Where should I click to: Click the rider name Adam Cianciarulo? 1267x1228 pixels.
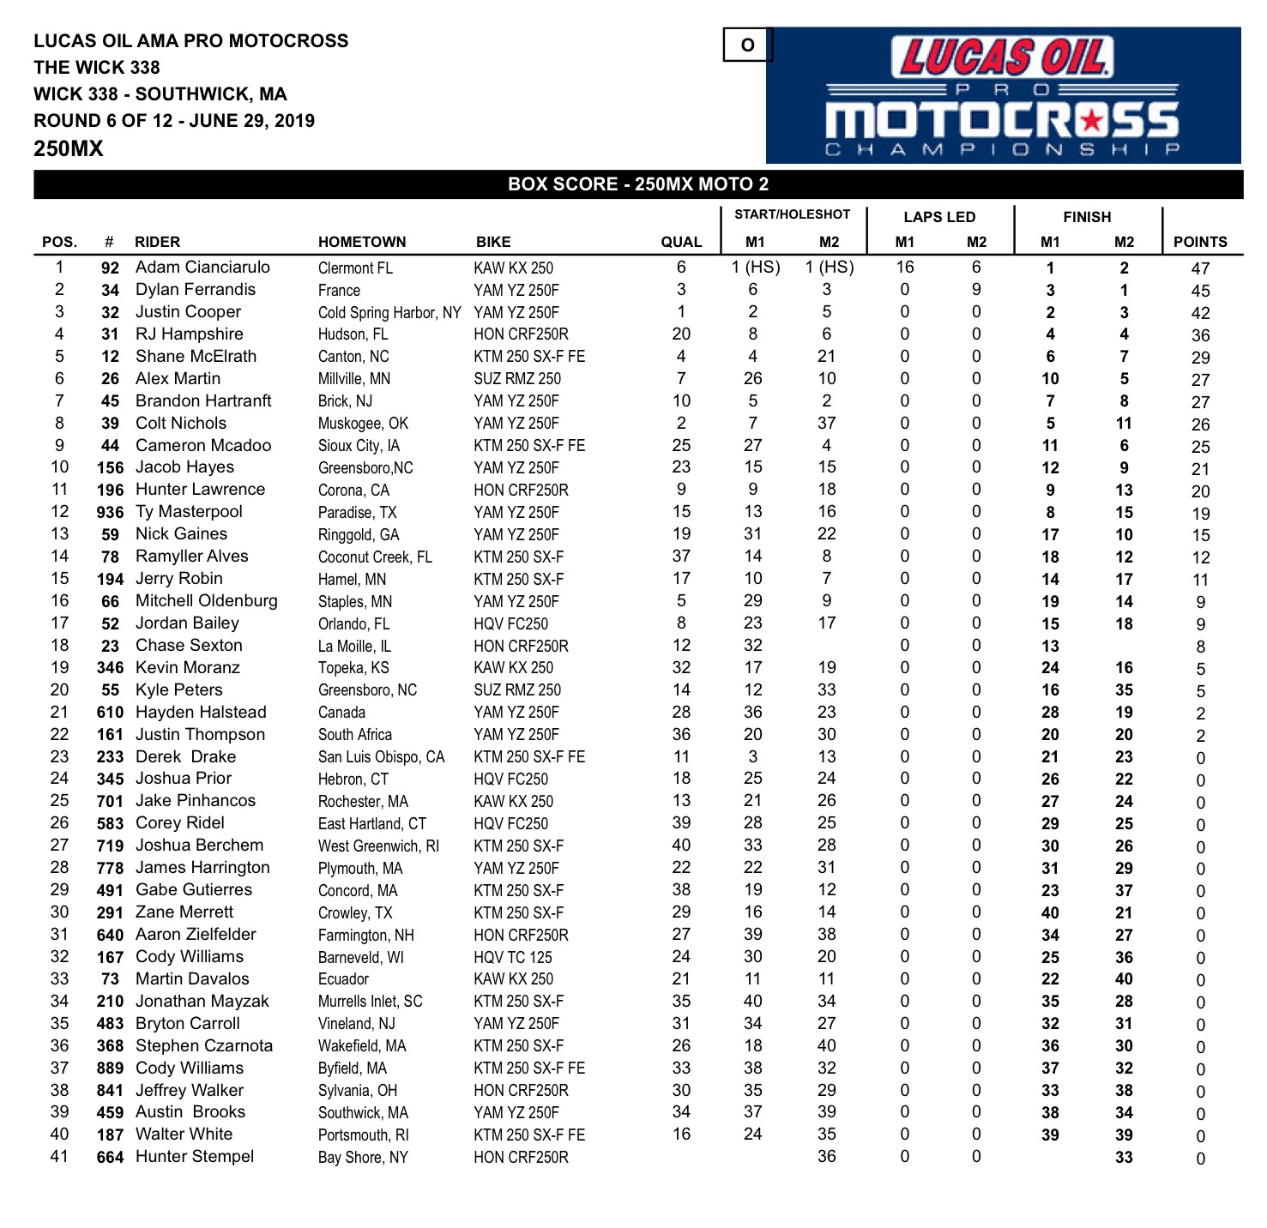tap(202, 268)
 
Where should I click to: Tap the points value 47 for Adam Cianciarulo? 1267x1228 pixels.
tap(1200, 268)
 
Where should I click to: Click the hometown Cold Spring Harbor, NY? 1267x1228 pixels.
tap(389, 313)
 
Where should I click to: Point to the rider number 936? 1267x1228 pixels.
tap(110, 512)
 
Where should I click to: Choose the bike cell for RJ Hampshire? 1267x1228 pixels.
tap(521, 334)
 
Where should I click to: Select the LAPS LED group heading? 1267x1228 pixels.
tap(939, 217)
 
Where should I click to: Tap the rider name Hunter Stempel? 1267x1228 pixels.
tap(195, 1157)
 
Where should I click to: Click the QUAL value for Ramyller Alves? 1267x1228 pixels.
tap(681, 557)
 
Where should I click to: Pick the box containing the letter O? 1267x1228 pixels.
tap(747, 45)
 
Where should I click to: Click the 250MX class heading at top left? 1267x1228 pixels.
tap(69, 148)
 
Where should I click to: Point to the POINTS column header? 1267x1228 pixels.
tap(1200, 242)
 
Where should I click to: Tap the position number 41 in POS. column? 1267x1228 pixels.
tap(59, 1157)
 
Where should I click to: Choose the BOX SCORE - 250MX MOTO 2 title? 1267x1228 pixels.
tap(638, 184)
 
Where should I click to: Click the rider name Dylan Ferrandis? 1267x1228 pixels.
tap(196, 290)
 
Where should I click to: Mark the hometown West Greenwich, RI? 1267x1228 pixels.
tap(378, 846)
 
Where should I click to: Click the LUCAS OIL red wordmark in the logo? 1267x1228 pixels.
tap(1003, 57)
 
